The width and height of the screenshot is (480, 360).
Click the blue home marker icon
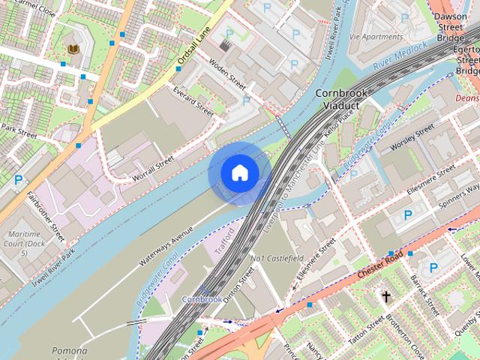(239, 173)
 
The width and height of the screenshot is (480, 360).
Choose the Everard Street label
(193, 99)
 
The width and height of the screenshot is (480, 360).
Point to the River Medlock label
(400, 56)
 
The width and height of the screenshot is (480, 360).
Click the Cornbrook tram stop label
(202, 298)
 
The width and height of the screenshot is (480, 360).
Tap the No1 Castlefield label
(277, 259)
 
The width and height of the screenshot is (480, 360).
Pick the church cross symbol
(386, 297)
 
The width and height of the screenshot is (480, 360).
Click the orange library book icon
(73, 49)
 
